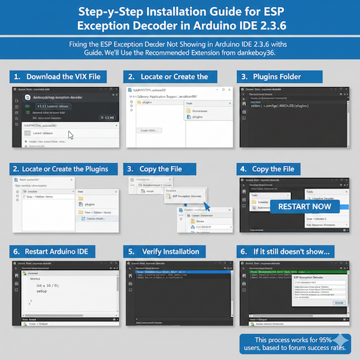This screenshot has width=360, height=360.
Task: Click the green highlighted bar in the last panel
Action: click(x=299, y=268)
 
